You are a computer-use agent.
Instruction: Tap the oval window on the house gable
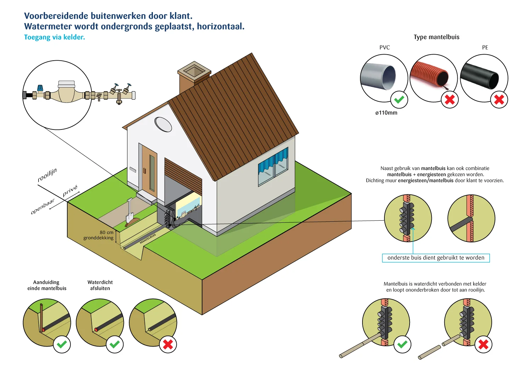[x=163, y=124]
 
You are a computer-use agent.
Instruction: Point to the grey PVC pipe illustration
[x=379, y=76]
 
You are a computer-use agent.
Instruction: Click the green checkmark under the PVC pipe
[x=399, y=100]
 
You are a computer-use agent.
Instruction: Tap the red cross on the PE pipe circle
[x=499, y=100]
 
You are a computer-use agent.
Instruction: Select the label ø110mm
[x=386, y=113]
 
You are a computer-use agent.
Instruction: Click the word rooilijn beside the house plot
[x=47, y=175]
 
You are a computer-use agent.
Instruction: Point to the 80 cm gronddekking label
[x=99, y=235]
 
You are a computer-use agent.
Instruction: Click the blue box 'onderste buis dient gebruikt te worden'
[x=436, y=258]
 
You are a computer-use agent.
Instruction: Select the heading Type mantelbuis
[x=436, y=37]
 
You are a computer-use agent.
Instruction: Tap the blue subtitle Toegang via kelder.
[x=55, y=37]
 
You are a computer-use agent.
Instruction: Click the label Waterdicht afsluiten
[x=100, y=285]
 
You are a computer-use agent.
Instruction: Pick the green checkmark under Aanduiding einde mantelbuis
[x=62, y=344]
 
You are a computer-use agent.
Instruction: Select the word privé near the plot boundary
[x=70, y=191]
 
